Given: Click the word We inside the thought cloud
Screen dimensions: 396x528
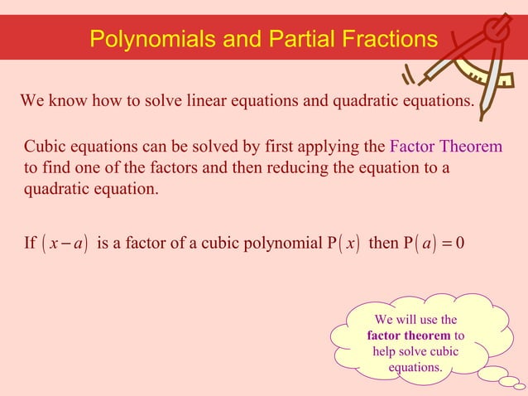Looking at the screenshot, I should coord(384,320).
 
